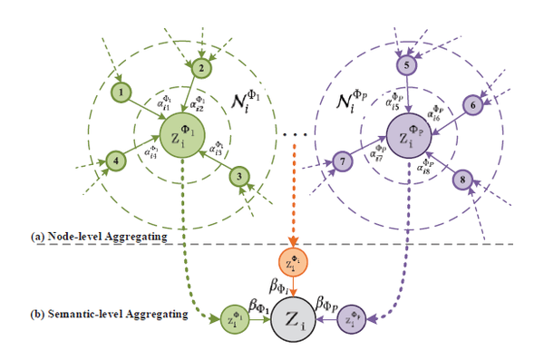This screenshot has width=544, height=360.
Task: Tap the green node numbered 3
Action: coord(238,176)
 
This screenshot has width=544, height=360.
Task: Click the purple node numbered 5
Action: coord(407,65)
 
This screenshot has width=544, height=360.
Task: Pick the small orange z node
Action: coord(292,263)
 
